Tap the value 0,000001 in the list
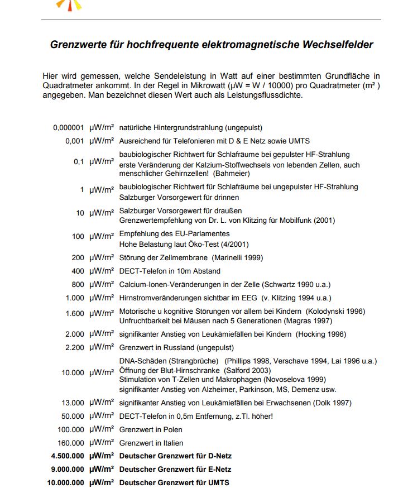(69, 127)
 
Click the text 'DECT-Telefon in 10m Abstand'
(169, 271)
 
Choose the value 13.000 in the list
(71, 403)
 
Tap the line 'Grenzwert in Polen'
(151, 429)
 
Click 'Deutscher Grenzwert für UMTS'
(174, 482)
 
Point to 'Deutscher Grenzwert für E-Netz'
(175, 469)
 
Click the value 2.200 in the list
(74, 347)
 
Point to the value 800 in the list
(78, 284)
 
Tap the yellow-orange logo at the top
(70, 5)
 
